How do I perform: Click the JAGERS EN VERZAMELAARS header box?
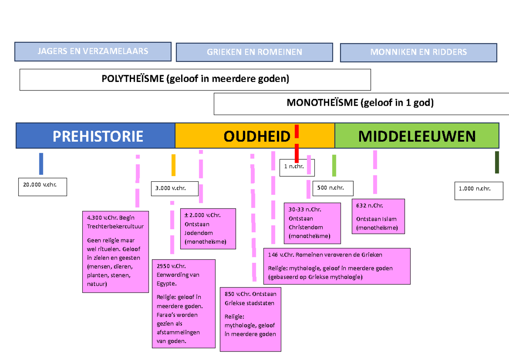(93, 51)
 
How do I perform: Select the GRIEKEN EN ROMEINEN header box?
(255, 52)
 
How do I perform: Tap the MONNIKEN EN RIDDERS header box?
(418, 52)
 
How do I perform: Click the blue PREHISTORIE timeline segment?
(95, 136)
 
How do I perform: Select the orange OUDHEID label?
(257, 136)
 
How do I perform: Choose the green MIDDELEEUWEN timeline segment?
(417, 136)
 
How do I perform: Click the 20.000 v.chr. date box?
(42, 187)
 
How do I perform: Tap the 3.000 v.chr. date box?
(175, 188)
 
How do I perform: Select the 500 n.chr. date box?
(333, 188)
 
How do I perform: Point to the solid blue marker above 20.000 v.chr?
(41, 163)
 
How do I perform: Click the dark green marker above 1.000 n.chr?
(497, 162)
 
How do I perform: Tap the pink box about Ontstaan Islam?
(378, 217)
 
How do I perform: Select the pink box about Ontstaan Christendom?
(312, 223)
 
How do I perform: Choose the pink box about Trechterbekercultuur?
(115, 251)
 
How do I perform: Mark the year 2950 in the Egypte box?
(163, 266)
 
